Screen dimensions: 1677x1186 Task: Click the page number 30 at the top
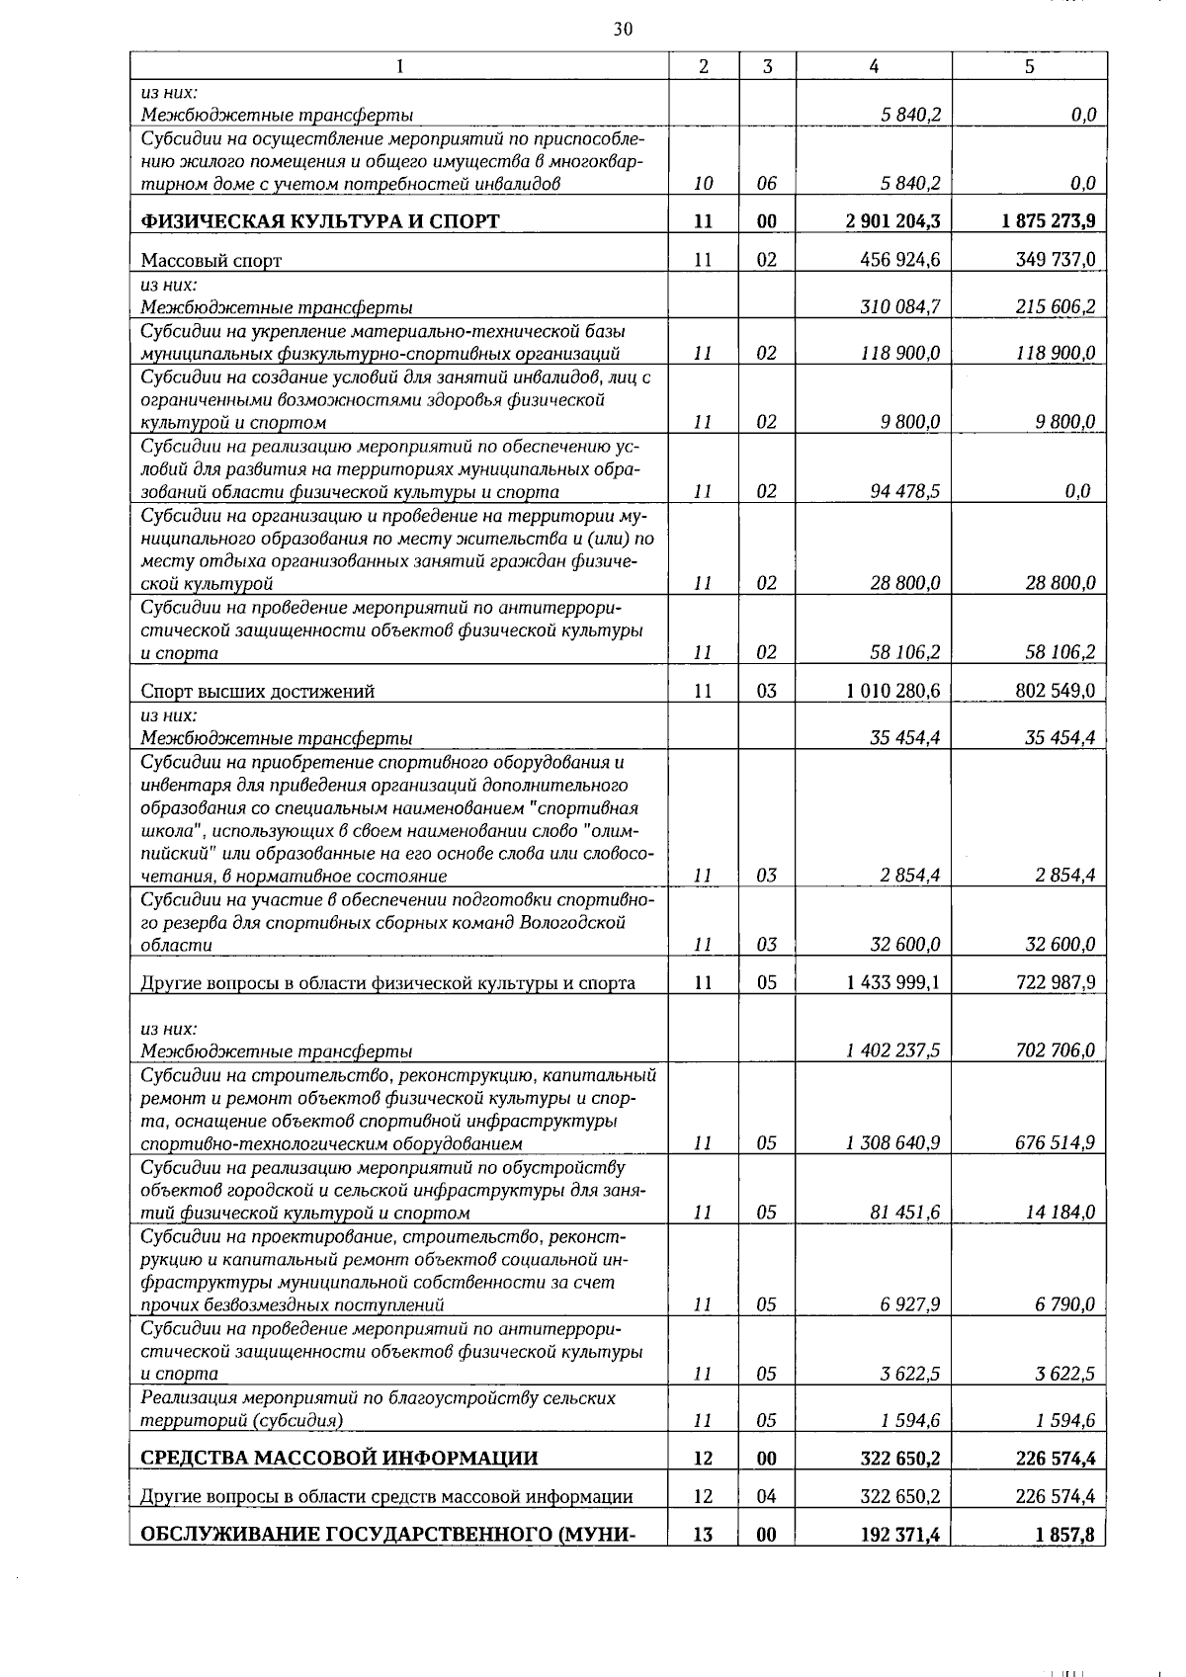623,30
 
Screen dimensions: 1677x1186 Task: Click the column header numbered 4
874,66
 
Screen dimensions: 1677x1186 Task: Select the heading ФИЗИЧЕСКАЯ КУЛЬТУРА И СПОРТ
320,221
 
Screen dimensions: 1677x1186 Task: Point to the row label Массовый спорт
212,261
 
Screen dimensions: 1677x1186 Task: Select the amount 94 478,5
904,491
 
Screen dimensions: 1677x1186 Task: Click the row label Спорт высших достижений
257,692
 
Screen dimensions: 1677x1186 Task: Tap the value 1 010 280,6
892,691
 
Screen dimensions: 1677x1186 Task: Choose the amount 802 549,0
1055,691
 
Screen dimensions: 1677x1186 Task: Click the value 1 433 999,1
892,982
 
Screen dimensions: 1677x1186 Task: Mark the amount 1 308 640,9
892,1143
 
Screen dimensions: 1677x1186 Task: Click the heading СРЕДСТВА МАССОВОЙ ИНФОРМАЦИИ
339,1459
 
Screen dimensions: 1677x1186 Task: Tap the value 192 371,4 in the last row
899,1535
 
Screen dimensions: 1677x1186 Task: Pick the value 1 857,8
1064,1535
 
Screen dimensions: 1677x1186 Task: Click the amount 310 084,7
899,306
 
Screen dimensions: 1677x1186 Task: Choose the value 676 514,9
1055,1143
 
